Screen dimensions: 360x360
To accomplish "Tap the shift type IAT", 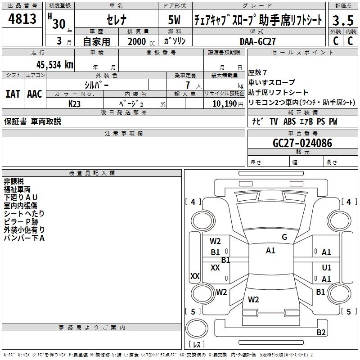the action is (13, 94).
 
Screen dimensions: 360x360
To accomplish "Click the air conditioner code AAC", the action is (34, 94).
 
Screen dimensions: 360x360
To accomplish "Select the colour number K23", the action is (75, 103).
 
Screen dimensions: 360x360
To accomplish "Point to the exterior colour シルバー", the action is (96, 85).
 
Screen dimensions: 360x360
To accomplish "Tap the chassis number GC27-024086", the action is (302, 143).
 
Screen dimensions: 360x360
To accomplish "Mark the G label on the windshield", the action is (284, 237).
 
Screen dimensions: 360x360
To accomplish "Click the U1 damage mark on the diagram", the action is (327, 267).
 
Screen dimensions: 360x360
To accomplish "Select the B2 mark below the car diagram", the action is (321, 333).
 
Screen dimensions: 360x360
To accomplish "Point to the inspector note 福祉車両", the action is (17, 189).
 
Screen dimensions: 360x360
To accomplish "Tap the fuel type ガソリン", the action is (175, 41).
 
